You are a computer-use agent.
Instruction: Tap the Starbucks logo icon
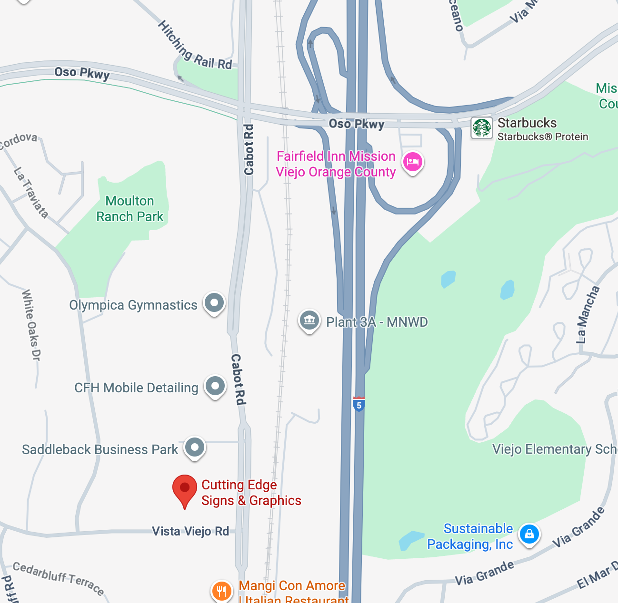[482, 128]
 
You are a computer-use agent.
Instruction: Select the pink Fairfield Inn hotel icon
[412, 162]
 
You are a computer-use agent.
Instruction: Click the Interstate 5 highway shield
[359, 405]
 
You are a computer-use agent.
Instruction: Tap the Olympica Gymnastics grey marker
[214, 302]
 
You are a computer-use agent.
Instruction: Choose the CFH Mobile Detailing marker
[215, 386]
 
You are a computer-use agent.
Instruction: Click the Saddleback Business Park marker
[195, 447]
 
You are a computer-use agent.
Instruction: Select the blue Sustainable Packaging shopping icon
[529, 534]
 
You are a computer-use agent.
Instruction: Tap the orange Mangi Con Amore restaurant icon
[221, 591]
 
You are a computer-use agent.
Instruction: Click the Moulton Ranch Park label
[130, 209]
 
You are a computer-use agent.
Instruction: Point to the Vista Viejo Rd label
[190, 531]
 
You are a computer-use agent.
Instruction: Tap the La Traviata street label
[31, 192]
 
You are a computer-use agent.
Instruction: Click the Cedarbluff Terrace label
[58, 578]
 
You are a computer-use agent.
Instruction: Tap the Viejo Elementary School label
[555, 449]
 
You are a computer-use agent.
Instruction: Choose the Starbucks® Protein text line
[543, 137]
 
